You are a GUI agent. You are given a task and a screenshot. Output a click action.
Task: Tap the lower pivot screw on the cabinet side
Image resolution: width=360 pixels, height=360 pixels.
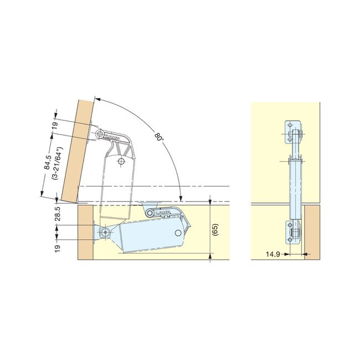pos(105,232)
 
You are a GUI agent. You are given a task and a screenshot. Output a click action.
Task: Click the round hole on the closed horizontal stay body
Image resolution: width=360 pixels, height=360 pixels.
pos(178,233)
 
